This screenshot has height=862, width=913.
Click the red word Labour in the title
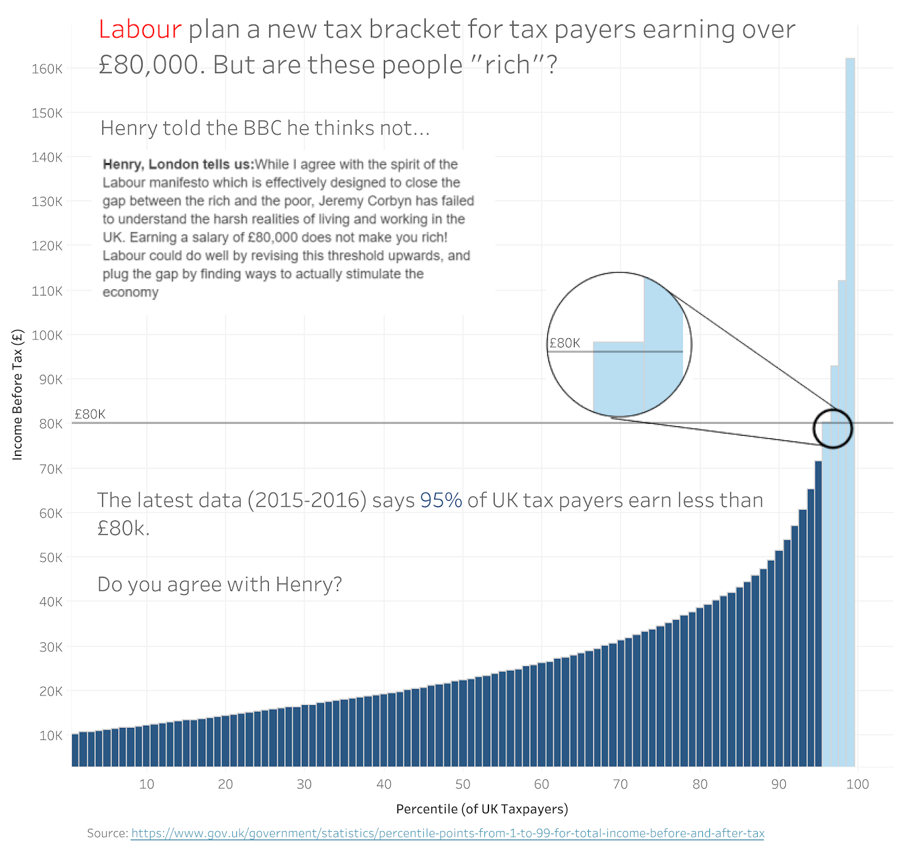click(x=140, y=30)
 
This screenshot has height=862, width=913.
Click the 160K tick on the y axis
click(x=47, y=68)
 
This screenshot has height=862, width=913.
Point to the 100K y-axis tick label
click(x=47, y=335)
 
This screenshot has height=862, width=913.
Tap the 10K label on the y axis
click(x=50, y=735)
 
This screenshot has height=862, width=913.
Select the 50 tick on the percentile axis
click(x=462, y=784)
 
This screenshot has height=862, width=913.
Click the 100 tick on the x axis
click(x=857, y=784)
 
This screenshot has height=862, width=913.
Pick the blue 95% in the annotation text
click(x=441, y=500)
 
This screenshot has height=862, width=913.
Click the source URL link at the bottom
click(x=447, y=833)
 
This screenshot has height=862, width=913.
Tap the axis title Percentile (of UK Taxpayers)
click(x=482, y=808)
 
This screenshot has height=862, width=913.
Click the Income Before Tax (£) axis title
click(x=17, y=395)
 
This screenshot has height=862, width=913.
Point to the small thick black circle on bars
click(x=833, y=428)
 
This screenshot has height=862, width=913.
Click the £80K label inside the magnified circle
click(x=564, y=343)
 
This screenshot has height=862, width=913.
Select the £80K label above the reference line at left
click(x=90, y=414)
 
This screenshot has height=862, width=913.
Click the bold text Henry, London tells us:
click(x=178, y=164)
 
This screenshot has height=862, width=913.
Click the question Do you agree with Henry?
click(x=219, y=584)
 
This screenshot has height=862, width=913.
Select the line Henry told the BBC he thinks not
click(x=265, y=128)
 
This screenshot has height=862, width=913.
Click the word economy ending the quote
click(x=130, y=292)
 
